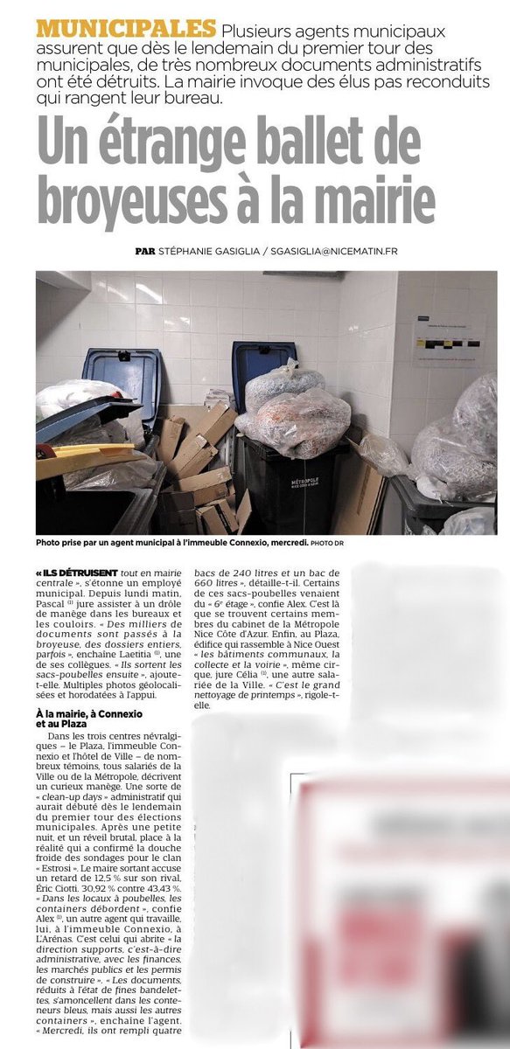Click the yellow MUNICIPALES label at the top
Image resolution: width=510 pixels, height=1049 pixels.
pyautogui.click(x=126, y=28)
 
